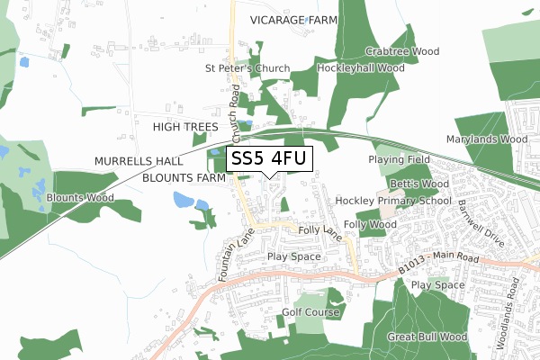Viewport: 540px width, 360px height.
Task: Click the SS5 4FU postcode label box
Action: tap(269, 158)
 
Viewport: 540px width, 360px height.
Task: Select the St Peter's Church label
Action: tap(247, 68)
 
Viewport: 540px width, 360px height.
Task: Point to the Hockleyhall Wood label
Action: tap(361, 67)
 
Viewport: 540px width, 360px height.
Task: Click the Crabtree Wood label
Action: tap(402, 52)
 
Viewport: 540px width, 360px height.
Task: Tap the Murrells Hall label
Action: tap(139, 160)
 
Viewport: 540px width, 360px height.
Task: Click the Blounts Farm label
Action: tap(184, 178)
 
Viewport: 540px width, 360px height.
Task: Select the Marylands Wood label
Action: tap(487, 139)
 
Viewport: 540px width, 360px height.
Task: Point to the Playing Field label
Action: tap(400, 159)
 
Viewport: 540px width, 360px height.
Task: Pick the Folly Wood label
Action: tap(370, 223)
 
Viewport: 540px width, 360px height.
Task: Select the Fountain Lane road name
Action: tap(233, 256)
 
